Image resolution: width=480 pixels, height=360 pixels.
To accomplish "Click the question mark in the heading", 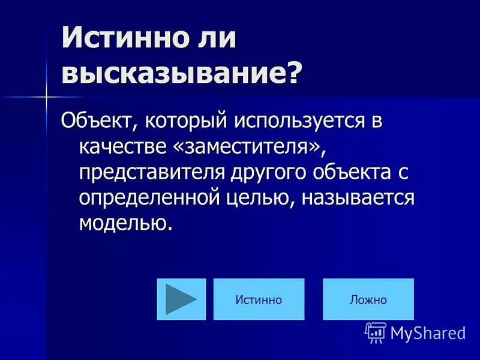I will (292, 74).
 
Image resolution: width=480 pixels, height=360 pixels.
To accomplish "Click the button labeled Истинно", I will (259, 299).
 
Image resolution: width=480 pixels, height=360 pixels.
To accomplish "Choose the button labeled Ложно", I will (368, 299).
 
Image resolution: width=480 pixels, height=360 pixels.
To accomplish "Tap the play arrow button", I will (181, 299).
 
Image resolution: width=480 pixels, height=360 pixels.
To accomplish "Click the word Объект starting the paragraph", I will (96, 121).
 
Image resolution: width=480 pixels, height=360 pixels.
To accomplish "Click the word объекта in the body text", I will (352, 173).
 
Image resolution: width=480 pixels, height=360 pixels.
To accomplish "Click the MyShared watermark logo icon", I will (376, 332).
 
